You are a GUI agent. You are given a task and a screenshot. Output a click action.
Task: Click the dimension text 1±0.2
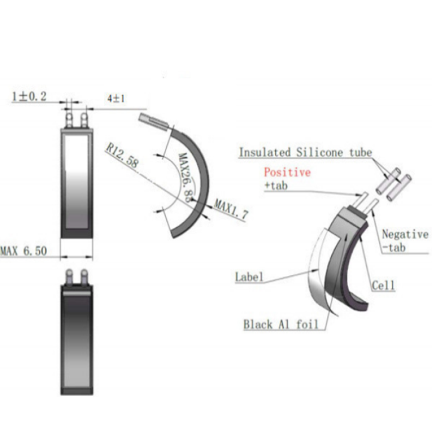(29, 97)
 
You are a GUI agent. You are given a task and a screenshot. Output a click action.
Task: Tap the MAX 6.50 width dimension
(23, 251)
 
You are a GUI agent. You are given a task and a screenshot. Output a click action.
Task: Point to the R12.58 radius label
(120, 155)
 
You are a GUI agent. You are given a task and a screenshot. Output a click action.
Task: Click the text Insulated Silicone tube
(305, 152)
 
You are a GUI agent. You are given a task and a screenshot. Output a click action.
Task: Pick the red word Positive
(287, 172)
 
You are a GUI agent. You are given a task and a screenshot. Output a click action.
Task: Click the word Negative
(405, 234)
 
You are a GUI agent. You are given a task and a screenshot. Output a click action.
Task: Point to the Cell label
(383, 285)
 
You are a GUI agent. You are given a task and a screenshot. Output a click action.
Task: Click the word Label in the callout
(249, 276)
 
